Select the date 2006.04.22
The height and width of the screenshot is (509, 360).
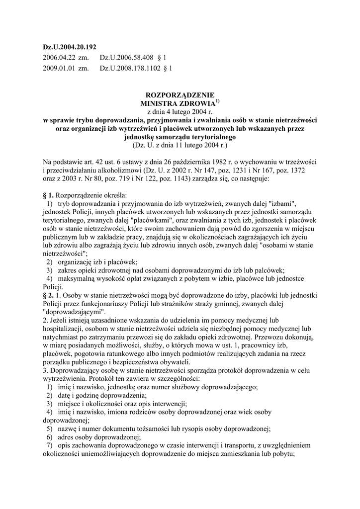click(59, 58)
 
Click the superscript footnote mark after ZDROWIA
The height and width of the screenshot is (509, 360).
click(217, 101)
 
